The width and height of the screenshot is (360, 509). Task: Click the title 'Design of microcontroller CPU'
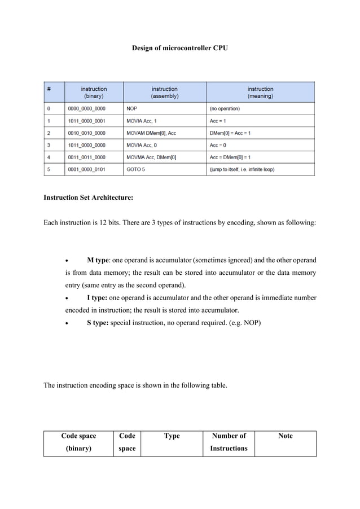pyautogui.click(x=180, y=49)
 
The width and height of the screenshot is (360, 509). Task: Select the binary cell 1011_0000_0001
pyautogui.click(x=86, y=121)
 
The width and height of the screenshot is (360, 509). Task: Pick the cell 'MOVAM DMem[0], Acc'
pyautogui.click(x=151, y=133)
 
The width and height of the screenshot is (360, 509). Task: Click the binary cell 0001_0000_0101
pyautogui.click(x=86, y=169)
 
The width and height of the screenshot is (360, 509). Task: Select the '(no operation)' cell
pyautogui.click(x=225, y=108)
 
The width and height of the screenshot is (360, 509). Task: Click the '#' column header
pyautogui.click(x=49, y=89)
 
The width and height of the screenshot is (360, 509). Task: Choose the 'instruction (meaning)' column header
pyautogui.click(x=260, y=93)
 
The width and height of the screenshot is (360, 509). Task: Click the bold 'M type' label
pyautogui.click(x=98, y=260)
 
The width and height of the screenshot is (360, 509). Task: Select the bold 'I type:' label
pyautogui.click(x=97, y=297)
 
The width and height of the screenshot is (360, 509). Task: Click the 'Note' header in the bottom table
pyautogui.click(x=286, y=436)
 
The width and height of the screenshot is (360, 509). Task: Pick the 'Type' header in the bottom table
pyautogui.click(x=172, y=436)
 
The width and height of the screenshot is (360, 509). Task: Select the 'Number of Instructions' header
pyautogui.click(x=229, y=442)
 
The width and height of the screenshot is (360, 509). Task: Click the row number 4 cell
pyautogui.click(x=49, y=157)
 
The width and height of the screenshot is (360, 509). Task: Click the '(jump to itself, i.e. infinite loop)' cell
pyautogui.click(x=242, y=169)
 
